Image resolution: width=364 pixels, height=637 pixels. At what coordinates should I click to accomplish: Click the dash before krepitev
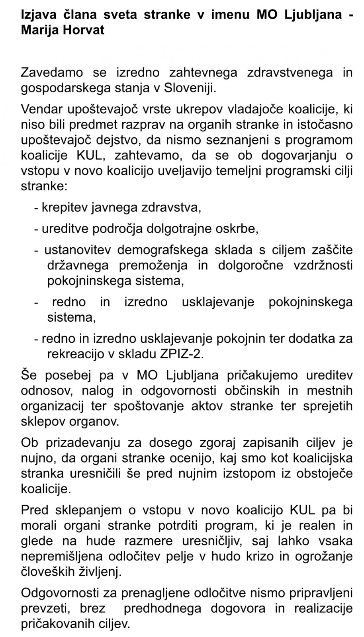37,207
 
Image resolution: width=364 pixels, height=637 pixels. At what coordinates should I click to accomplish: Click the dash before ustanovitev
37,250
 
